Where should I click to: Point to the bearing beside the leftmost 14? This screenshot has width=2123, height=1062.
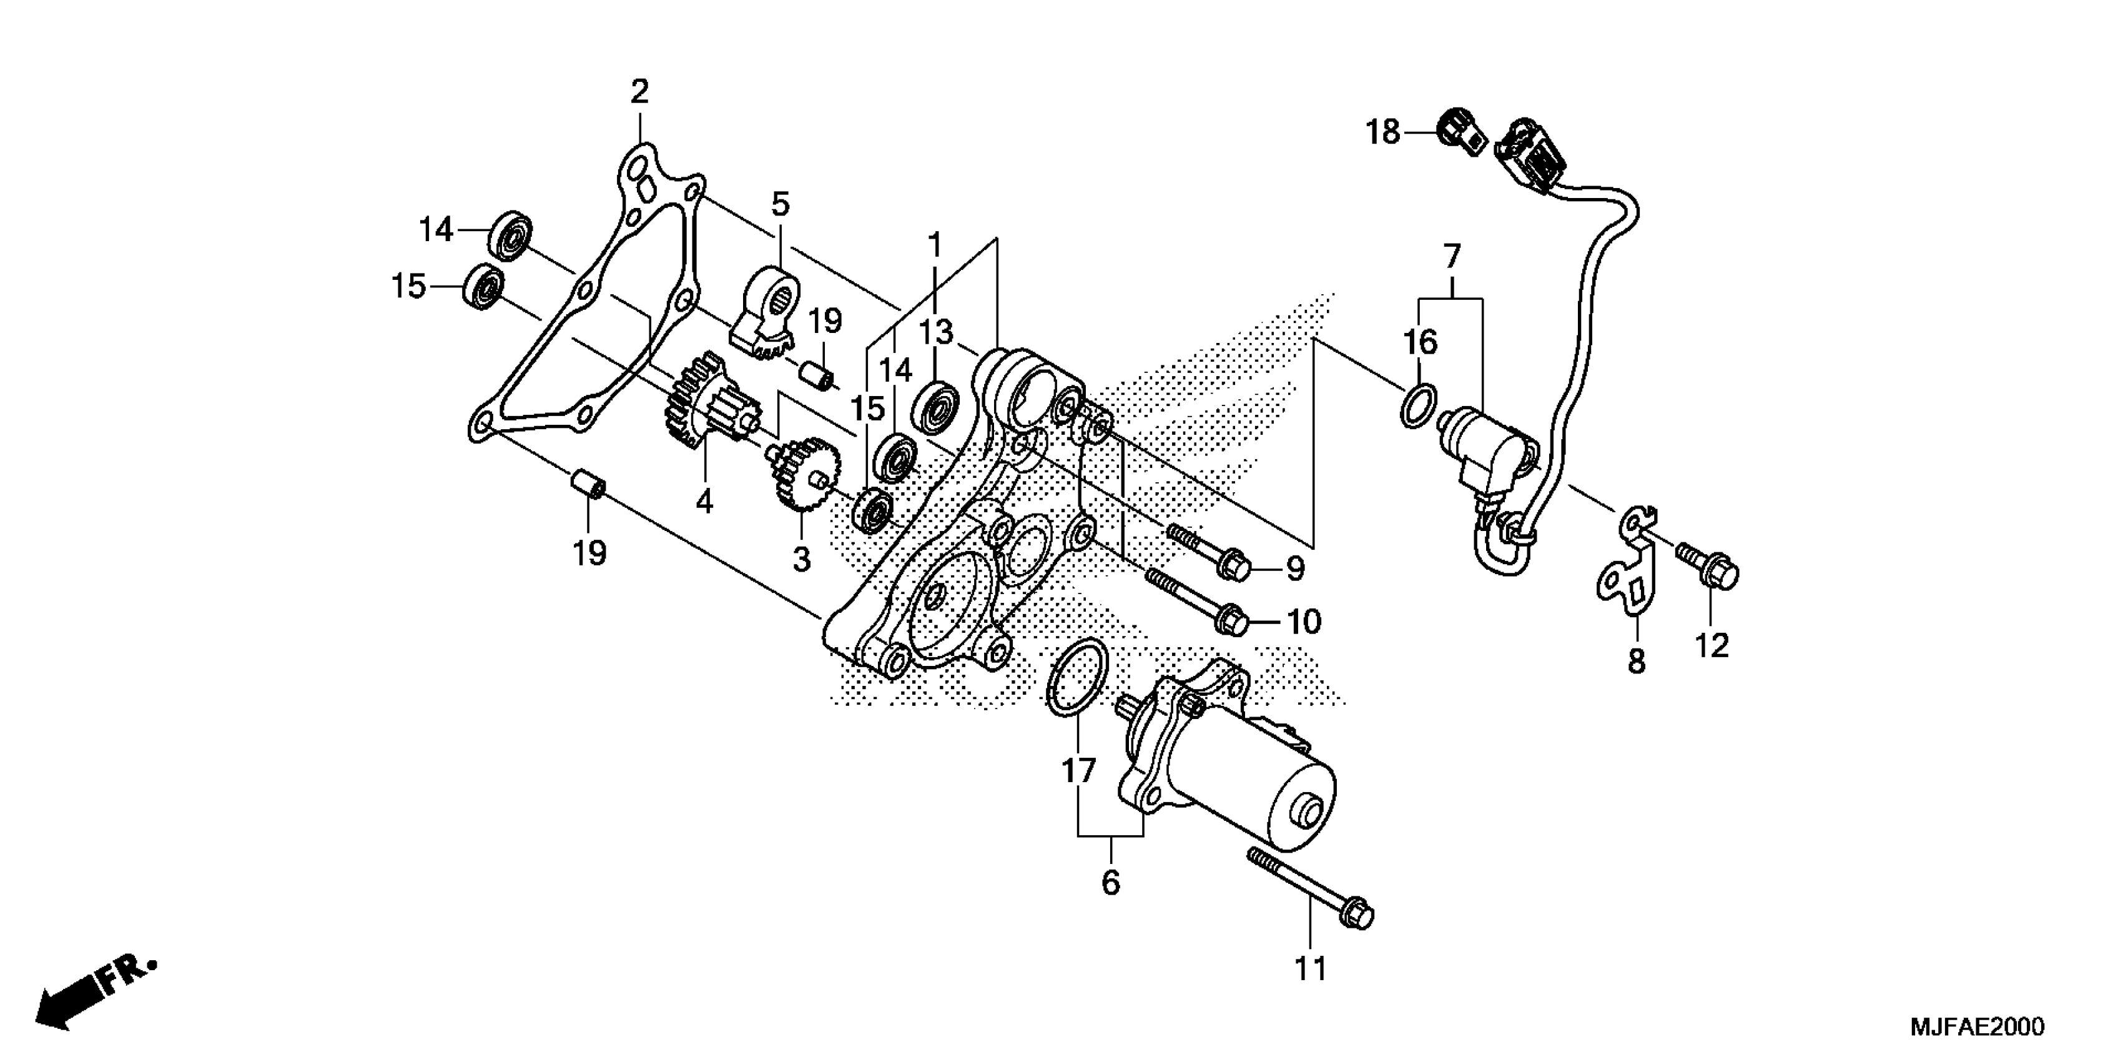tap(511, 234)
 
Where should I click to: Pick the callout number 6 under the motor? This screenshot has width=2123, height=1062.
tap(1110, 882)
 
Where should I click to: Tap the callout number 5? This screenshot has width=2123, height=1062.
tap(780, 203)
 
